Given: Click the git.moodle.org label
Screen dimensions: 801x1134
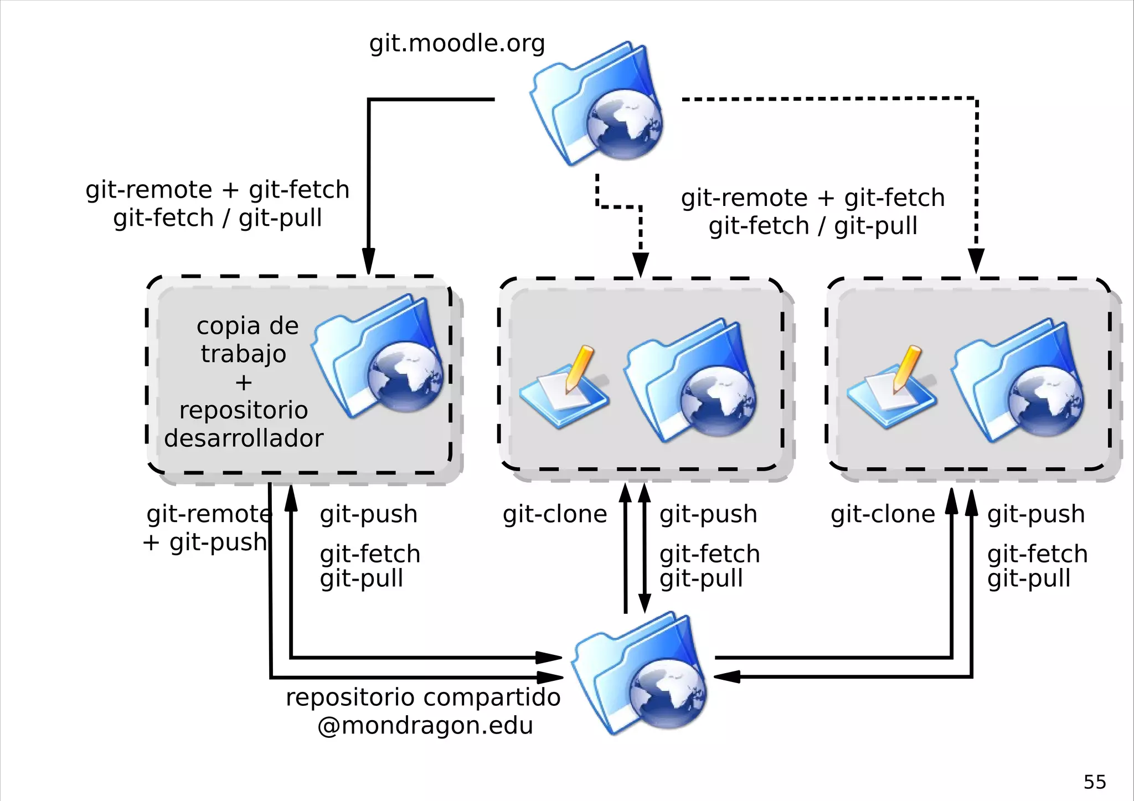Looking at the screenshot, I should (x=457, y=44).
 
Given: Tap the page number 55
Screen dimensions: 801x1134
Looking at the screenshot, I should (x=1094, y=782).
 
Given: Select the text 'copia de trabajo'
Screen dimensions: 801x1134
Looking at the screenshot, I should (x=246, y=339).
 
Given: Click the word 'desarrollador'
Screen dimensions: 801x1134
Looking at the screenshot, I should (x=244, y=438).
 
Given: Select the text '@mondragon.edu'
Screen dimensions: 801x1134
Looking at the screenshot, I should (x=425, y=726).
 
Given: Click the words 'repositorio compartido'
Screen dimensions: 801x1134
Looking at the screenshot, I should (x=423, y=697).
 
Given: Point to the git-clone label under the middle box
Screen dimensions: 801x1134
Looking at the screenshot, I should (x=555, y=514).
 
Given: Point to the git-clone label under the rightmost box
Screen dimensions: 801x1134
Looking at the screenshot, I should (x=883, y=514).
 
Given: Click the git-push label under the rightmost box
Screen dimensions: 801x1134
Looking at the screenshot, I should (x=1035, y=514).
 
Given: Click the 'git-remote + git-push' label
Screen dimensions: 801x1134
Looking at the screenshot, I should (x=208, y=528).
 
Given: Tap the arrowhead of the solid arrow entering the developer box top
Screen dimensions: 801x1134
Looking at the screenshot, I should (x=369, y=261).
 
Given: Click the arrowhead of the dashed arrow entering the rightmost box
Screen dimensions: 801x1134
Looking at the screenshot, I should (x=976, y=260).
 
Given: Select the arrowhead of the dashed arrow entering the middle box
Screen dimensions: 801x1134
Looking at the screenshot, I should (x=641, y=265).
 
